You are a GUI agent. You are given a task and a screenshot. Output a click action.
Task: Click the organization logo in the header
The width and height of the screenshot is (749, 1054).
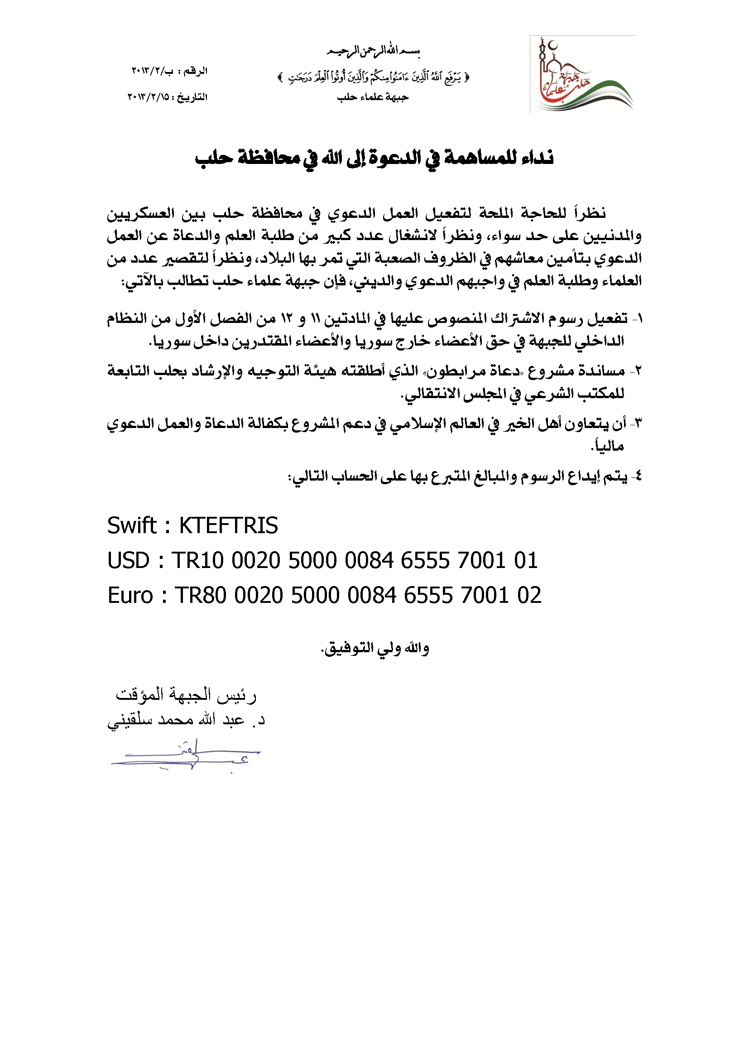pyautogui.click(x=582, y=74)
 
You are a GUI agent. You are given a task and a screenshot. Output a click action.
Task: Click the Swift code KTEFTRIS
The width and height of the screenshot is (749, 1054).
pyautogui.click(x=228, y=525)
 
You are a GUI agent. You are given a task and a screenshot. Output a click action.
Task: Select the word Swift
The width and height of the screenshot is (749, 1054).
pyautogui.click(x=132, y=525)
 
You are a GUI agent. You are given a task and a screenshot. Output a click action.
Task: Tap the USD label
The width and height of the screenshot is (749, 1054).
pyautogui.click(x=128, y=560)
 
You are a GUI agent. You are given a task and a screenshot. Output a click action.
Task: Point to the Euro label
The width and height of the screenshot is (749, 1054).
pyautogui.click(x=130, y=596)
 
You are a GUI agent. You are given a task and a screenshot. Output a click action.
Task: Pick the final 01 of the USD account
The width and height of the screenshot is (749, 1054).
pyautogui.click(x=526, y=560)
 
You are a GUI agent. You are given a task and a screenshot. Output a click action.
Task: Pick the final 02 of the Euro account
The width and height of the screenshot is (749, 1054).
pyautogui.click(x=529, y=596)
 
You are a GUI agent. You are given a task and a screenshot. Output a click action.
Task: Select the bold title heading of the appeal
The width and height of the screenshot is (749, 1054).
pyautogui.click(x=374, y=158)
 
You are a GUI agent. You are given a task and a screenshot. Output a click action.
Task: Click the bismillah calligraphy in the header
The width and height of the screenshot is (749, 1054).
pyautogui.click(x=374, y=51)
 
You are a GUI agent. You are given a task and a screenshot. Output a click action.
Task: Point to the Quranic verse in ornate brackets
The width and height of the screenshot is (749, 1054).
pyautogui.click(x=374, y=77)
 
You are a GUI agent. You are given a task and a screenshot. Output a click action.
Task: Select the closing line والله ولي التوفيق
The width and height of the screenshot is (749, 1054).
pyautogui.click(x=375, y=649)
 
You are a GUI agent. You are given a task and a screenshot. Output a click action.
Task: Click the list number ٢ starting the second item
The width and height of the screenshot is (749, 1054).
pyautogui.click(x=638, y=371)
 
